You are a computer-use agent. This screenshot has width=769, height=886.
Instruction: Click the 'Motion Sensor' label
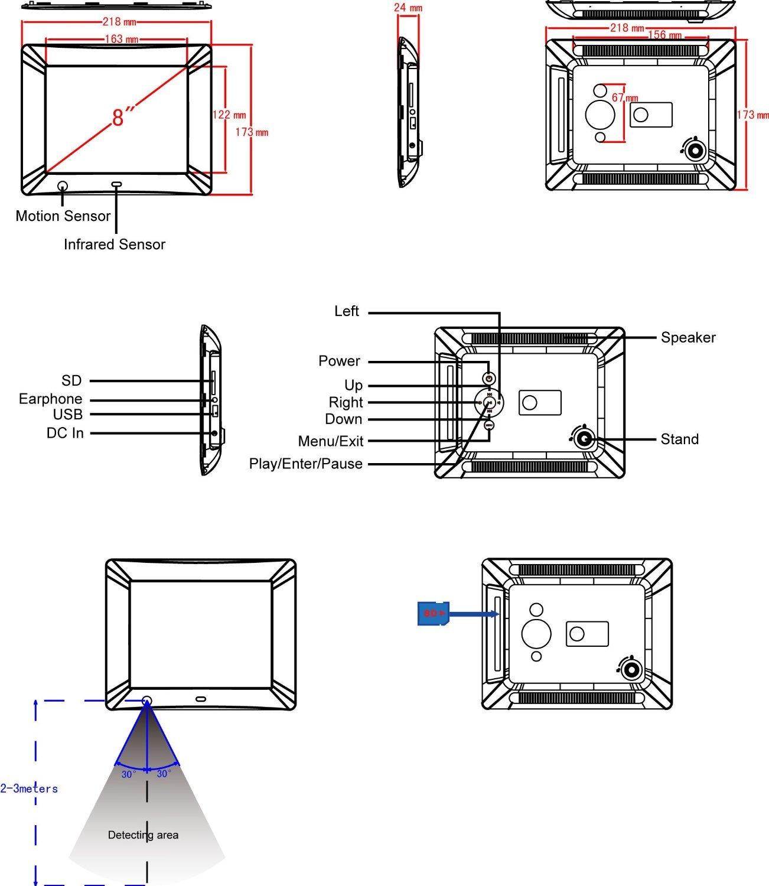(63, 216)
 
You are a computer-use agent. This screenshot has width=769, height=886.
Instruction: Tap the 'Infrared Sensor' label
(114, 245)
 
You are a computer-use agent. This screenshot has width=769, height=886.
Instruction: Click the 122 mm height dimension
(229, 115)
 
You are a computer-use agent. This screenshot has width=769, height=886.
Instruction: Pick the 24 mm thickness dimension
(408, 8)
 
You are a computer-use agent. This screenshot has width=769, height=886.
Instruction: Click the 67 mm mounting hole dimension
(625, 97)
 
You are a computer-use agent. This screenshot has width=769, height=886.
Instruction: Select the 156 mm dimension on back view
(664, 35)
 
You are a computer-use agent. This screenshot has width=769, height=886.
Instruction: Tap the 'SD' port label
(71, 381)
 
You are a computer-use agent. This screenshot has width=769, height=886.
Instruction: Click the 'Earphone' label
(50, 399)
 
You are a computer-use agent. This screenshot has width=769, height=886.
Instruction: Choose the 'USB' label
(67, 415)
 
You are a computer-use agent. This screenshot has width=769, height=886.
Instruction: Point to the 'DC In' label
(65, 434)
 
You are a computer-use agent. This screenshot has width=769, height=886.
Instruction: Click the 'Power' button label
(339, 361)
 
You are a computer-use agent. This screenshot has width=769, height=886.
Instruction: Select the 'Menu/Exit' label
(330, 441)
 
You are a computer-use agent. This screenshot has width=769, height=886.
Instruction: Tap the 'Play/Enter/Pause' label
(305, 464)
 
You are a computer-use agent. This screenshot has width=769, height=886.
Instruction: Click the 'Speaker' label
(687, 337)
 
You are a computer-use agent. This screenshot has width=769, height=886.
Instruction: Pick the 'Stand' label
(679, 439)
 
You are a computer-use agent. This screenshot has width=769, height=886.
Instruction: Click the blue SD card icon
(434, 613)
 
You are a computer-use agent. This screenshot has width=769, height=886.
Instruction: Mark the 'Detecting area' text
(143, 835)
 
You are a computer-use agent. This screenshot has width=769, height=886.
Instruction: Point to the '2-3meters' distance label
(29, 789)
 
